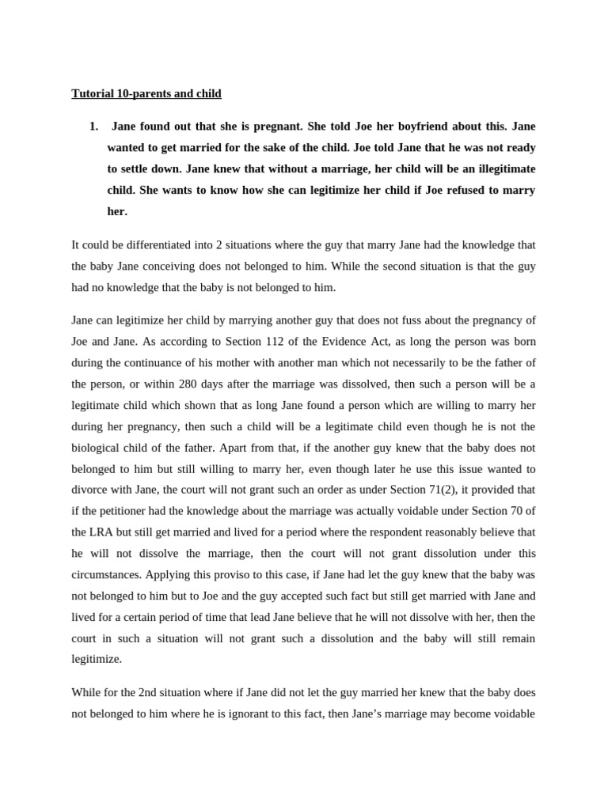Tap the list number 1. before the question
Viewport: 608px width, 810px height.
93,127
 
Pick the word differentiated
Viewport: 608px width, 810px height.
153,245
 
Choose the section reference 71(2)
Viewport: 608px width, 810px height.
457,490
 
